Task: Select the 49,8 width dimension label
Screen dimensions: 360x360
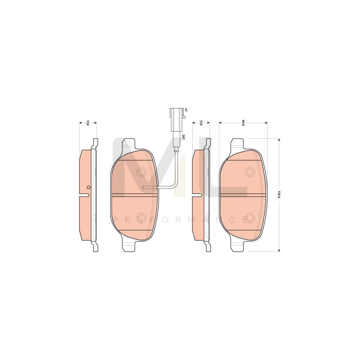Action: pyautogui.click(x=243, y=122)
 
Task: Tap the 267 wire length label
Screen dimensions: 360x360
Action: pyautogui.click(x=183, y=137)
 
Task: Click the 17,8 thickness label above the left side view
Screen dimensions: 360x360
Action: pyautogui.click(x=87, y=122)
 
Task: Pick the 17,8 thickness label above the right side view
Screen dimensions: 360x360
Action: pyautogui.click(x=201, y=122)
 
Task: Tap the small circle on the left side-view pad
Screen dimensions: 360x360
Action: pyautogui.click(x=88, y=187)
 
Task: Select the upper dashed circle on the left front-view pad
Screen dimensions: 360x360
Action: pyautogui.click(x=141, y=172)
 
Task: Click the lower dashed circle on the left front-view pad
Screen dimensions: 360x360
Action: pyautogui.click(x=141, y=217)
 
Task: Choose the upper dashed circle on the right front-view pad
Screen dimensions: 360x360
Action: pyautogui.click(x=249, y=172)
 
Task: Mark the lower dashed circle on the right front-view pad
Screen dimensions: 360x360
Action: pyautogui.click(x=249, y=217)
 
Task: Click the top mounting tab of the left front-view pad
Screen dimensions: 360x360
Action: pyautogui.click(x=129, y=144)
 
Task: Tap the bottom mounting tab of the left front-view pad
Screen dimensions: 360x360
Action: pyautogui.click(x=129, y=246)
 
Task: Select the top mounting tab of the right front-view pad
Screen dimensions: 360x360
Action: pyautogui.click(x=237, y=144)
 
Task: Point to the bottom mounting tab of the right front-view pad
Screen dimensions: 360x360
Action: pyautogui.click(x=237, y=246)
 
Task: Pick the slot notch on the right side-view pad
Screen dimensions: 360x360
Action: pyautogui.click(x=198, y=195)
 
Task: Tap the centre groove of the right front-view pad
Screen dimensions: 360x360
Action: pyautogui.click(x=243, y=195)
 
